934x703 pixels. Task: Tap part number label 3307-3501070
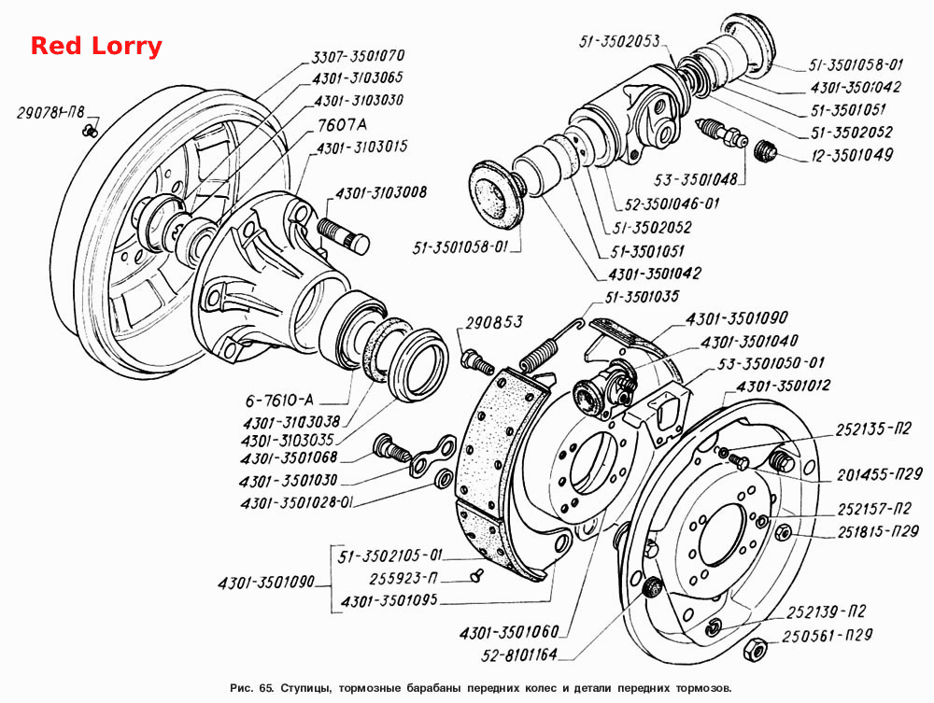359,55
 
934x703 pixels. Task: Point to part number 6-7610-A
279,400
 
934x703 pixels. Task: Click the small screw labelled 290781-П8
91,130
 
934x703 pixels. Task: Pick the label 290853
494,322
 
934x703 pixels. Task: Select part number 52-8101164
518,654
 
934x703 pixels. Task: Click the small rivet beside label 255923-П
477,576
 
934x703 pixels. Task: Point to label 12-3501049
853,155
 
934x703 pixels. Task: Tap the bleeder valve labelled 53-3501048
722,134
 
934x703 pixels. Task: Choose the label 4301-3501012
783,386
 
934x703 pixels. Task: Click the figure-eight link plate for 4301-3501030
433,457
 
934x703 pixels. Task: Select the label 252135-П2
873,429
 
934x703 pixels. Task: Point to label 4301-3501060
509,631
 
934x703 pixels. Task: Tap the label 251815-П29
878,531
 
